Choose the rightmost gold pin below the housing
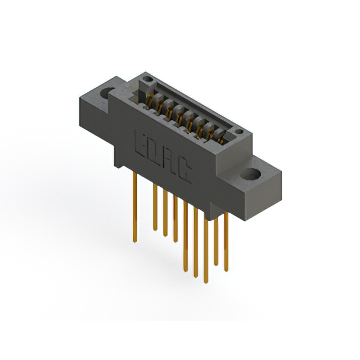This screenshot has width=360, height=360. point(226,242)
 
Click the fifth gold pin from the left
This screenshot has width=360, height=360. point(186,236)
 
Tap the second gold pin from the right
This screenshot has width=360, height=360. point(216,239)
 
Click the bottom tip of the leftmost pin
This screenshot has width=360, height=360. point(134,241)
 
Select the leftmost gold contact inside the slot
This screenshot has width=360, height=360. point(150,100)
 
